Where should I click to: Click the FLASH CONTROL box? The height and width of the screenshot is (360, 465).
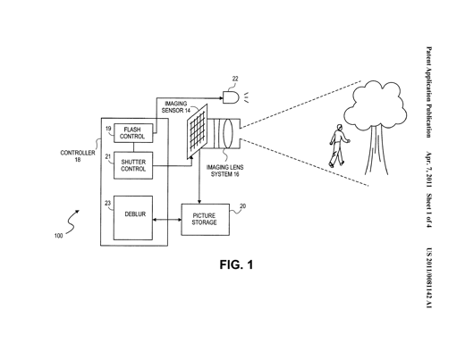click(x=133, y=133)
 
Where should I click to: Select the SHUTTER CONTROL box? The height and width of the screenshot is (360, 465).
click(x=133, y=165)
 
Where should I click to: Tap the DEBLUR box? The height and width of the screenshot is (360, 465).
click(x=133, y=218)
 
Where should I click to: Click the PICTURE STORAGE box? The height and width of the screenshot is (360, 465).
click(x=206, y=220)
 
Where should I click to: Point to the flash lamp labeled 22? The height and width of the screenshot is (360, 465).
click(x=231, y=97)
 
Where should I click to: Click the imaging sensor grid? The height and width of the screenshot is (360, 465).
click(x=197, y=131)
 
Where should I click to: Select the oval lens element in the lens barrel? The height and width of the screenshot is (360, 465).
click(x=227, y=133)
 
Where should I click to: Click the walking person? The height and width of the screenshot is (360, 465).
click(x=339, y=146)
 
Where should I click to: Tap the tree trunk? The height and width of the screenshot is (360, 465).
click(x=376, y=150)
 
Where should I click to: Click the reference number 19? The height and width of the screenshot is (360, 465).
click(x=108, y=129)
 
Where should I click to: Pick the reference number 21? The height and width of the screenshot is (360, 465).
click(x=108, y=156)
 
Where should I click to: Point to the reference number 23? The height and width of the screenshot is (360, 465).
click(x=107, y=204)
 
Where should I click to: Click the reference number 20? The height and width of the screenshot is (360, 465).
click(x=243, y=206)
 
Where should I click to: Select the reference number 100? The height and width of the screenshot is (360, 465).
click(x=58, y=236)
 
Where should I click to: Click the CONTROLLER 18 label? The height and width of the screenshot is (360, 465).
click(x=78, y=156)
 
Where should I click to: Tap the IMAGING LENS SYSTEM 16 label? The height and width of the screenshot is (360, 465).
click(x=224, y=171)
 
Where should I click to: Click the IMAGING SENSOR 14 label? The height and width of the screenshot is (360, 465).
click(x=176, y=107)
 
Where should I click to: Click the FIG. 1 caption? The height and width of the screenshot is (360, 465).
click(x=236, y=264)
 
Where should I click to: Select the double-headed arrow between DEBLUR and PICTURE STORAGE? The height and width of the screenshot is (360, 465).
click(x=167, y=220)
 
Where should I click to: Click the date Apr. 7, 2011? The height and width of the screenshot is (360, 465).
click(x=428, y=170)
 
